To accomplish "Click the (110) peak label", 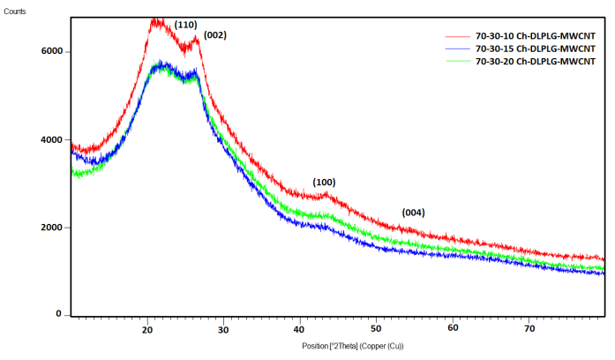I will (185, 25).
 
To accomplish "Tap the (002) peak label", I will (215, 35).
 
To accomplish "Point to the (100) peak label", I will (325, 182).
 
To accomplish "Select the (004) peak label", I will (414, 213).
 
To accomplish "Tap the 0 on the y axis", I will (59, 314).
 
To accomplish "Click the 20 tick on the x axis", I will (147, 329).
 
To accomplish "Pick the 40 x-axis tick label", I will (300, 329).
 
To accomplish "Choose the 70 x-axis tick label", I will (529, 329).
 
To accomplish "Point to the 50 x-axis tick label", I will (376, 329).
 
